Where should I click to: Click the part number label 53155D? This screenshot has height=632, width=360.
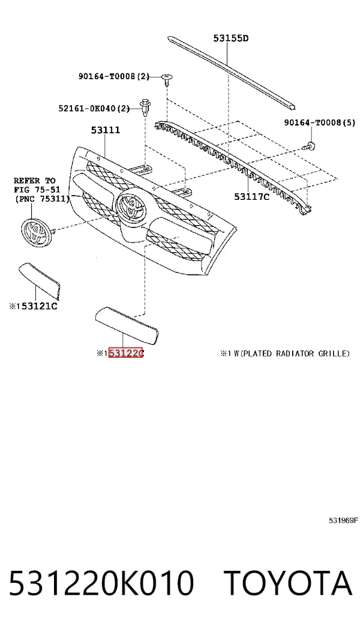point(230,38)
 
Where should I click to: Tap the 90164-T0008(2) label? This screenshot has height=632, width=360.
point(113,76)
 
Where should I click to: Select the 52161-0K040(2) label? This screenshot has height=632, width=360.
point(94,108)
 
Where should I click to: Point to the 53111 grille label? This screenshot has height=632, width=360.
point(105,130)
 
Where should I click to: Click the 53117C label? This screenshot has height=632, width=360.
point(251,197)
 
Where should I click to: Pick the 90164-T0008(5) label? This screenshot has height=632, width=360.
point(320,123)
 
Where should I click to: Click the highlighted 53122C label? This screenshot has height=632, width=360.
point(126,354)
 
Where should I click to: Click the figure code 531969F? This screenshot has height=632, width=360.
point(343,521)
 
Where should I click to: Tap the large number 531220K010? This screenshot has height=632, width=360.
point(101,583)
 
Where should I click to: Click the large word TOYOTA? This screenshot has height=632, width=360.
point(288,583)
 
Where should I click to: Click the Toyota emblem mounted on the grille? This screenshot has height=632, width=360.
point(131,206)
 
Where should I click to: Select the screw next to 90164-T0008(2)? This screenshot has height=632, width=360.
point(166,79)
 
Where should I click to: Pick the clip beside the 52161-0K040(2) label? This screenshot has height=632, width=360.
point(145,106)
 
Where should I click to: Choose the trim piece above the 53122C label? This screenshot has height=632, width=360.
point(126,325)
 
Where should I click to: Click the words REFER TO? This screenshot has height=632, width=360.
point(35,181)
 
